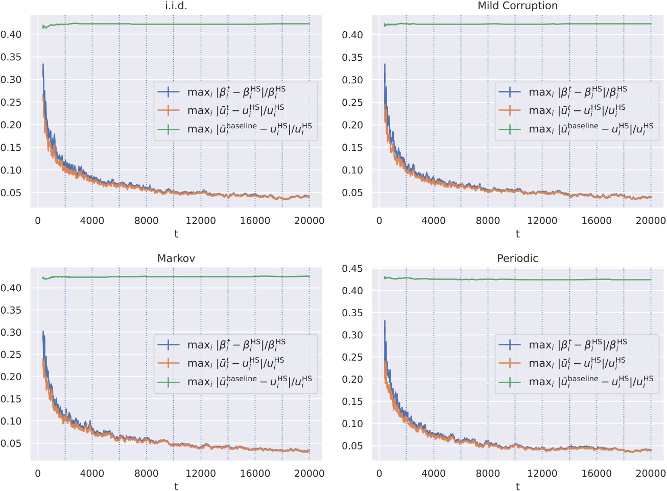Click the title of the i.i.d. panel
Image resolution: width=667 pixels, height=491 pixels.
[176, 6]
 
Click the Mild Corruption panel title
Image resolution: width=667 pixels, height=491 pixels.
[517, 6]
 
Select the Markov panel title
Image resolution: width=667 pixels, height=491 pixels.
[176, 259]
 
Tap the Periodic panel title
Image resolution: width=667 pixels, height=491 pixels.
[517, 259]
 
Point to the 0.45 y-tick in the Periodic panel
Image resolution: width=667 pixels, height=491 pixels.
[352, 269]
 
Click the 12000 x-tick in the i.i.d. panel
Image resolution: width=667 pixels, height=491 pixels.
[200, 221]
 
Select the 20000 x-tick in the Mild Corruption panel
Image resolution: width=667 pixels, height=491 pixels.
[650, 221]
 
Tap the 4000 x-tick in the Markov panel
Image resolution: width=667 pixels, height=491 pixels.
[92, 474]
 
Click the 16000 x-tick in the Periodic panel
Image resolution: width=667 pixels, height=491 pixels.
[596, 474]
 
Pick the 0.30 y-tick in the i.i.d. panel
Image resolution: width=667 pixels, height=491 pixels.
[11, 80]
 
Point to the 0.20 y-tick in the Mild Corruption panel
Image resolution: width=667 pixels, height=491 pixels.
[352, 125]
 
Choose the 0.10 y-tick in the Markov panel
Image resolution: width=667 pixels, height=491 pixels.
[11, 422]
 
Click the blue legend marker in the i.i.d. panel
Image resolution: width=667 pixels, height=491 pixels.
[169, 92]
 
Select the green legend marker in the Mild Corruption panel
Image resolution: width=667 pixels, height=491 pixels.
[510, 129]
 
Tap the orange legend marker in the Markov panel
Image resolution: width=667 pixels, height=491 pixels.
[169, 363]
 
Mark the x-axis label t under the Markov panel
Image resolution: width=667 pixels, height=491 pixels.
[176, 486]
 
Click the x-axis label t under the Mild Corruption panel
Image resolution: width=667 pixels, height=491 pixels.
[517, 234]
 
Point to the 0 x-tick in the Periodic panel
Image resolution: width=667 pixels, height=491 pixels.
[379, 474]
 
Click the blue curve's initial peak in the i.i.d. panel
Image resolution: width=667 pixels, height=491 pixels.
[43, 65]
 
